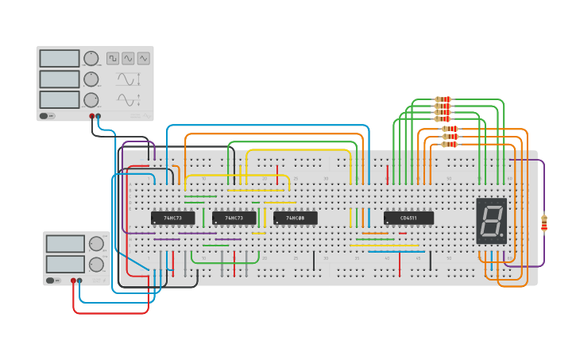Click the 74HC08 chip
coord(295,218)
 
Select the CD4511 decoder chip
coord(408,218)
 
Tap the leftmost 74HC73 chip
coord(172,218)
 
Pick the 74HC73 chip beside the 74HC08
coord(234,218)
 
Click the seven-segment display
coord(491,221)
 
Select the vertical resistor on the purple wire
coord(544,223)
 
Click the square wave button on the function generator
coord(113,58)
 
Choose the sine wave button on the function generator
coord(128,58)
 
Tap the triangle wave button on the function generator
coord(144,58)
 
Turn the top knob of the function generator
coord(91,58)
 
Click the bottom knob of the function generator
coord(91,100)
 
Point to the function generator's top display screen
coord(60,58)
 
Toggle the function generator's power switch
coord(47,116)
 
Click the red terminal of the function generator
coord(92,116)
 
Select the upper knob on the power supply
coord(96,243)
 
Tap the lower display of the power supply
coord(65,264)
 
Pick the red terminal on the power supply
coord(73,281)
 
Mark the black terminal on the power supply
coord(79,281)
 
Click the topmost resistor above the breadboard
coord(443,99)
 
